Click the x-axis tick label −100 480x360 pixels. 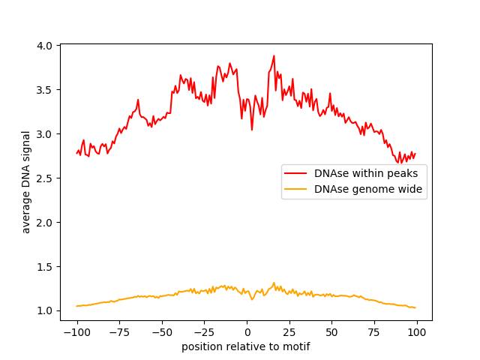pos(76,331)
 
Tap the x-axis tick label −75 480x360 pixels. pos(120,331)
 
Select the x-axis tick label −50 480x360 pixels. pos(162,331)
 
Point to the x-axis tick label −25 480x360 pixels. pos(205,331)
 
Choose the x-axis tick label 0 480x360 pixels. pos(247,331)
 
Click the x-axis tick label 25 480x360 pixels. pos(289,331)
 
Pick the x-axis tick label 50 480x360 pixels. pos(331,331)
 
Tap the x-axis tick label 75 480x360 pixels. pos(374,331)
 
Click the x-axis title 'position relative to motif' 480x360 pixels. pos(246,346)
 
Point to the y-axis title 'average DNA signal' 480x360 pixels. pos(26,181)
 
